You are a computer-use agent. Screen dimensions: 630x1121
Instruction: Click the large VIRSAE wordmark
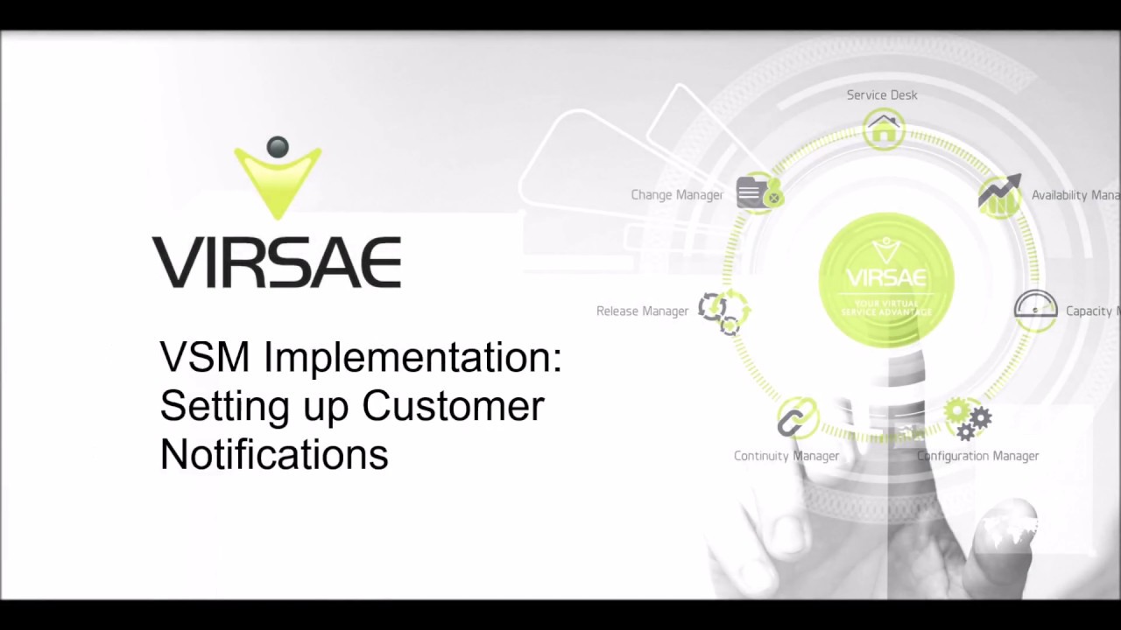(277, 262)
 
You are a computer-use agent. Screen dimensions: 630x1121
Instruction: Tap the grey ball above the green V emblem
(278, 147)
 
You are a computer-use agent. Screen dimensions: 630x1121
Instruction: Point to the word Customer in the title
(453, 406)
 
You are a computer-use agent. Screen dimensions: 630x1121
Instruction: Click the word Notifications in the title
(274, 454)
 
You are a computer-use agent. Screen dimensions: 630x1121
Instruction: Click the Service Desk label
(882, 94)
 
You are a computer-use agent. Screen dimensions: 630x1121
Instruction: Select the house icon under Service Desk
(884, 130)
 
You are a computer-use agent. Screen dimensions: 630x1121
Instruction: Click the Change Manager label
(677, 194)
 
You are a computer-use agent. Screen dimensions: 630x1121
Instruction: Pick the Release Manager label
(642, 311)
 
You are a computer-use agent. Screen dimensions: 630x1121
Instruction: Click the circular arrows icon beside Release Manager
(723, 310)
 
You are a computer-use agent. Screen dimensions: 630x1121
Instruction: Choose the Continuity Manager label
(786, 456)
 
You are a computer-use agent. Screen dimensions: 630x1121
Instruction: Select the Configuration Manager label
(977, 456)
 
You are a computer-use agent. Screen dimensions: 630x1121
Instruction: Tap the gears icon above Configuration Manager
(969, 418)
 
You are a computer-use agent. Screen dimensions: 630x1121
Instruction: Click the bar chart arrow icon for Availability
(1000, 195)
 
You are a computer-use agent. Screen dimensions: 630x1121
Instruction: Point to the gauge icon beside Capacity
(1035, 310)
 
